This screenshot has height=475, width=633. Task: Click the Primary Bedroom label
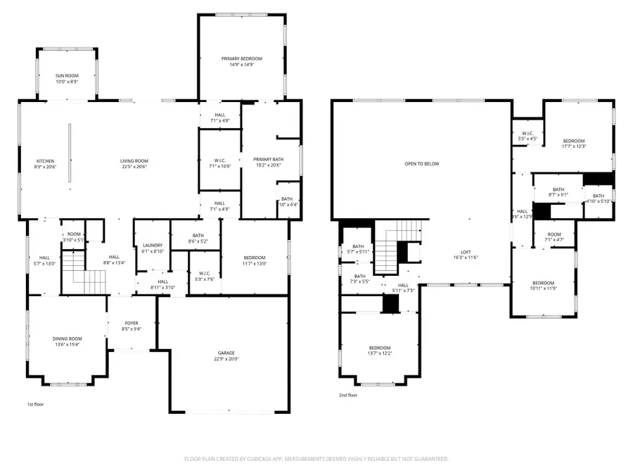242,58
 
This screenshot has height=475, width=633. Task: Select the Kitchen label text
45,161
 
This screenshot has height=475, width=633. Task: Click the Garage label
226,353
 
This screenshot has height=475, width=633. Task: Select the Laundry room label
153,245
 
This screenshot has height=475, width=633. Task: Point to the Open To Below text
421,164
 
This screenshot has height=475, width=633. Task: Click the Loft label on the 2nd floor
466,253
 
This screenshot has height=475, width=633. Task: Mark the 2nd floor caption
348,395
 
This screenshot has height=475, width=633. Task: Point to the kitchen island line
69,153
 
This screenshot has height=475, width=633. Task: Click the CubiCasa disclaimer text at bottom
316,458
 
